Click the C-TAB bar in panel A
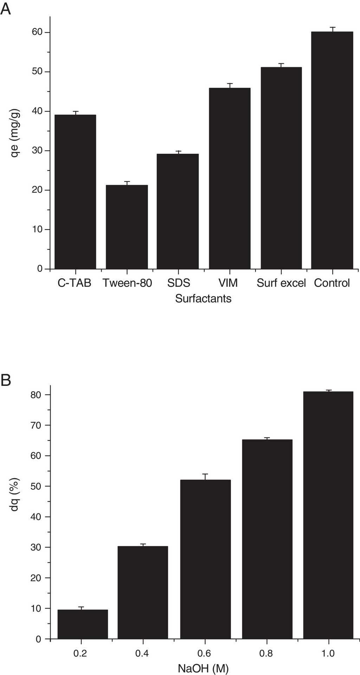tap(75, 192)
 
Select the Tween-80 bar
tap(127, 227)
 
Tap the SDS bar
tap(178, 211)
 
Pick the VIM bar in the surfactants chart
tap(230, 178)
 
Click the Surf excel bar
tap(281, 168)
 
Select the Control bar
tap(332, 150)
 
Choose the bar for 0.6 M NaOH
tap(205, 559)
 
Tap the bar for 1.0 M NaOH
tap(328, 515)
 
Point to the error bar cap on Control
tap(333, 27)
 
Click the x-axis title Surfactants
tap(203, 299)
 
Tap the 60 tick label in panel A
tap(37, 32)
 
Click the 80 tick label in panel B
tap(36, 395)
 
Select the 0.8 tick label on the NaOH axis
tap(266, 653)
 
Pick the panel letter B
tap(6, 380)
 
